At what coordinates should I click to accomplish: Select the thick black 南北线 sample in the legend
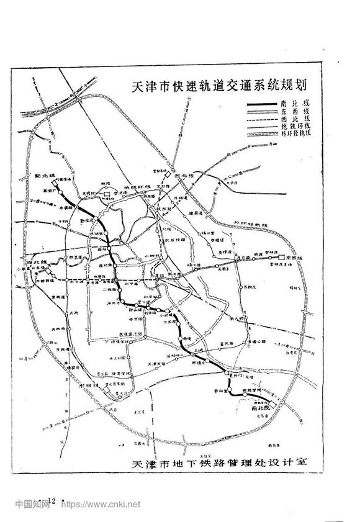[x=268, y=104]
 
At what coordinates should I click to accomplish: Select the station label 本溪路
[x=67, y=209]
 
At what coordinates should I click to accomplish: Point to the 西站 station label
[x=95, y=248]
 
